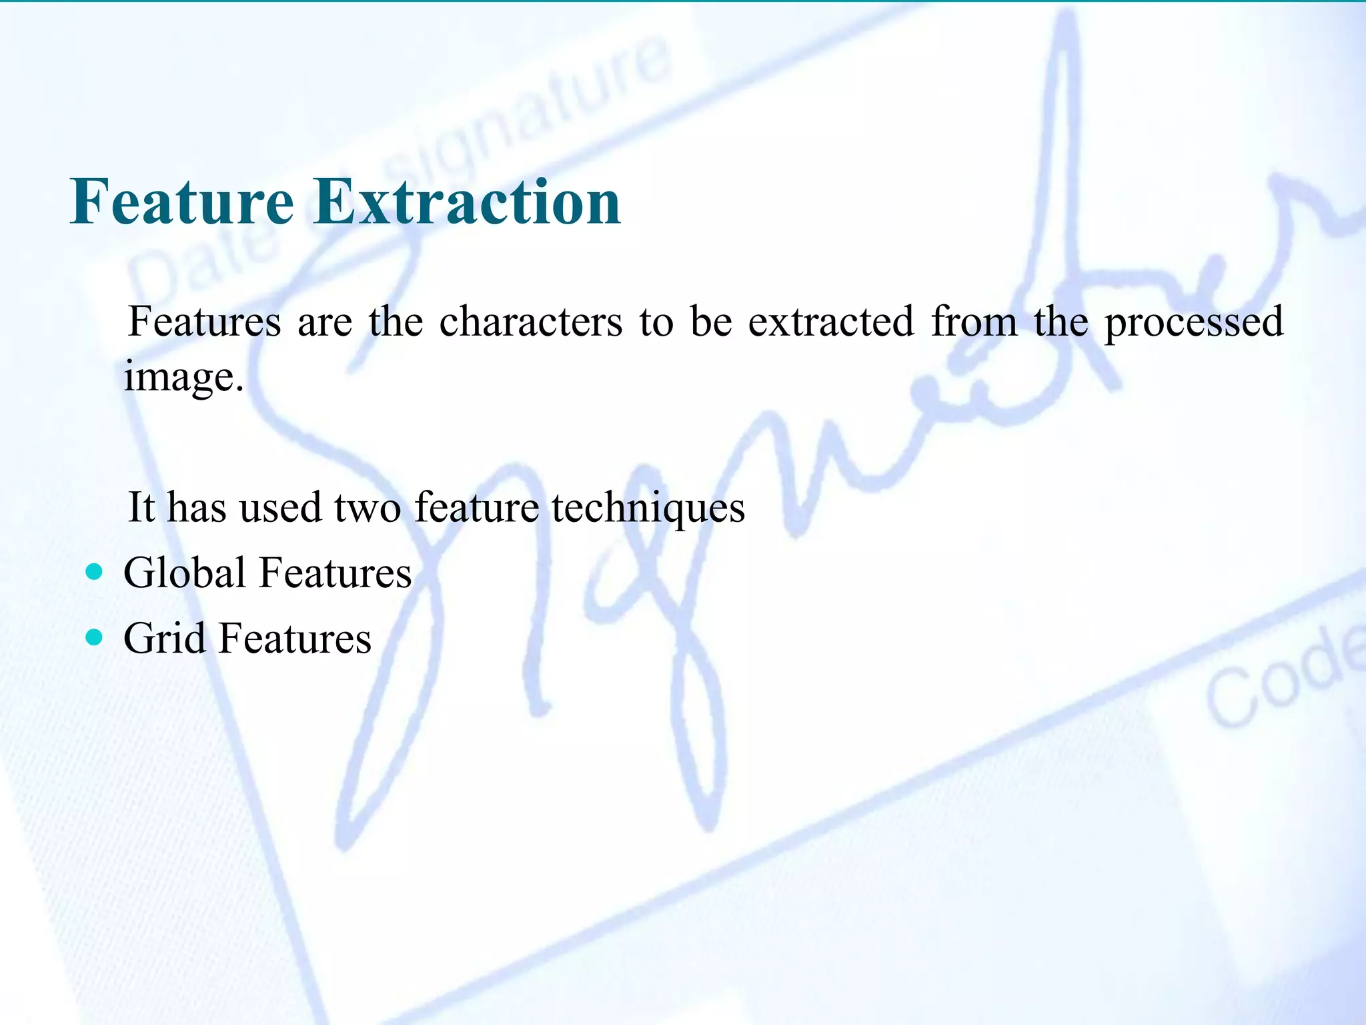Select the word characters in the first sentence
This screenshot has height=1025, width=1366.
click(x=531, y=322)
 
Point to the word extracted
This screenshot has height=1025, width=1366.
click(x=830, y=322)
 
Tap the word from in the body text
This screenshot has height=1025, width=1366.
click(x=974, y=322)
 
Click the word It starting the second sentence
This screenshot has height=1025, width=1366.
click(x=141, y=507)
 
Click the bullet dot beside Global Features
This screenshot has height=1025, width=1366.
click(x=95, y=572)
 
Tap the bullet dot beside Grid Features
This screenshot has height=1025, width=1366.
click(x=95, y=637)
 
